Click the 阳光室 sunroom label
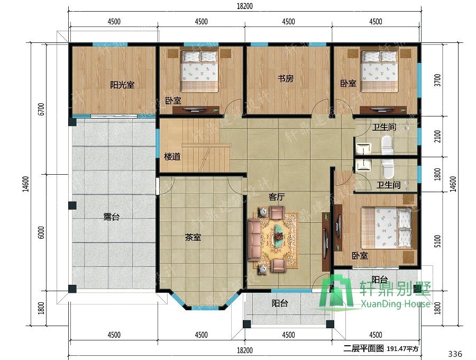(122, 85)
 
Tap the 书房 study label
(286, 79)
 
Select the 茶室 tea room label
(193, 237)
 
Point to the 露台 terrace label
(112, 217)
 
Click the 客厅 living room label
(277, 197)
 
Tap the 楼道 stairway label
(172, 157)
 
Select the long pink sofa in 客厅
(254, 240)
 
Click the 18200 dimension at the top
(245, 6)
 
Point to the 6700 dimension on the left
(42, 110)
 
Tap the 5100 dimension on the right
(437, 241)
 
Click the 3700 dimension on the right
(437, 80)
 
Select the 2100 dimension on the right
(437, 137)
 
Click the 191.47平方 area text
(402, 349)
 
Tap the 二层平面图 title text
(364, 348)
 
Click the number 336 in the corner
(455, 354)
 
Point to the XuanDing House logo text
(395, 304)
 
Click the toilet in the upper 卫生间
(387, 145)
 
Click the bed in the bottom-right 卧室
(386, 228)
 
